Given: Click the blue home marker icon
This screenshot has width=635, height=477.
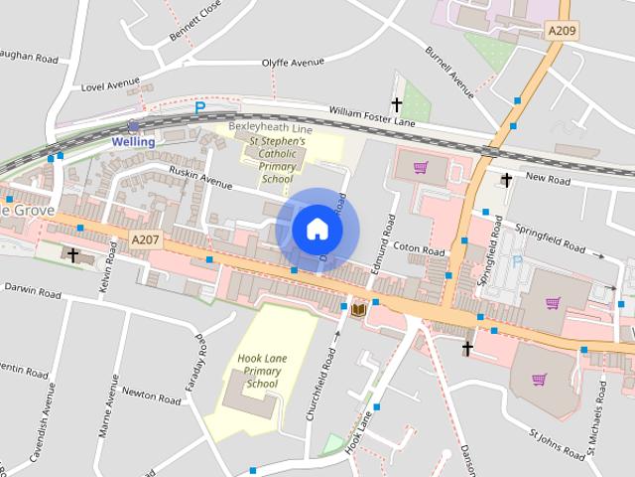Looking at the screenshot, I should pyautogui.click(x=317, y=229).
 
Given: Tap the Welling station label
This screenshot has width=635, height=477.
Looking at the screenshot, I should pyautogui.click(x=133, y=142).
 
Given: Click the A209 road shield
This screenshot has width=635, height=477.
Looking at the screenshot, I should pyautogui.click(x=563, y=32).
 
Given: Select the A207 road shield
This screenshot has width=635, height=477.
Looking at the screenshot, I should pyautogui.click(x=145, y=239).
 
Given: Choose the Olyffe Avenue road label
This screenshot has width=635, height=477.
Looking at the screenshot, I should pyautogui.click(x=293, y=62).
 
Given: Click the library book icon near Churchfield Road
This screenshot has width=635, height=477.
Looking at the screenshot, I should pyautogui.click(x=359, y=310).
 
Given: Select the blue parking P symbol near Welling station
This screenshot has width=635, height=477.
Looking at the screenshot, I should pyautogui.click(x=199, y=106).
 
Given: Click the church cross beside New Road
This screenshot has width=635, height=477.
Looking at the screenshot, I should pyautogui.click(x=506, y=180).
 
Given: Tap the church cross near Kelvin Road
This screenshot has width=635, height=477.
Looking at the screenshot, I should pyautogui.click(x=72, y=255).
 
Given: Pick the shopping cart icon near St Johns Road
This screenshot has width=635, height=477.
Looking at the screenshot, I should pyautogui.click(x=539, y=379).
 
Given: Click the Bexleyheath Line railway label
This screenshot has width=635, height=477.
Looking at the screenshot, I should pyautogui.click(x=271, y=130).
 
